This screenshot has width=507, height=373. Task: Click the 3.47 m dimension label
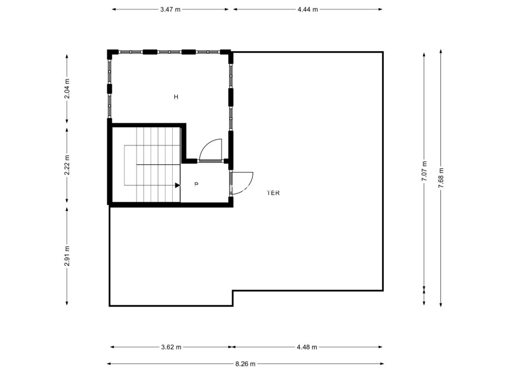pos(169,9)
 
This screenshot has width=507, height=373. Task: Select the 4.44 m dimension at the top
pos(308,9)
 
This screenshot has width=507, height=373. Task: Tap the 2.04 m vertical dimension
pos(67,89)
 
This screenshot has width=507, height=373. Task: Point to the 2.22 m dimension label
pos(67,165)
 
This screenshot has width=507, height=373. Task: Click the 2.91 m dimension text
pos(67,256)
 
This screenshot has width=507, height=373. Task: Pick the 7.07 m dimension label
pos(424,171)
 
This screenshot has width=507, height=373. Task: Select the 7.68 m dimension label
pos(440,178)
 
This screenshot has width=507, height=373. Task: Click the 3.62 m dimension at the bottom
pos(171,347)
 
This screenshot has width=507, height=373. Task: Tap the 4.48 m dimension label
pos(307,347)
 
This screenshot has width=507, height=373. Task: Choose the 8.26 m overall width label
pos(245,364)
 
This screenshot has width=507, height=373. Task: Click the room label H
pos(176,97)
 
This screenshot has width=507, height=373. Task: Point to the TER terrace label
pos(273,193)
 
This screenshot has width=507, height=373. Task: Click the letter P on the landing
pos(196,184)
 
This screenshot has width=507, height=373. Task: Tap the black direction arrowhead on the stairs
pos(177,185)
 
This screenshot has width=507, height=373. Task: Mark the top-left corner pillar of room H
pos(111,53)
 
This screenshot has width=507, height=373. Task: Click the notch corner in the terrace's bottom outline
pos(233,290)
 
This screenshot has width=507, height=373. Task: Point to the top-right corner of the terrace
pos(383,52)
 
